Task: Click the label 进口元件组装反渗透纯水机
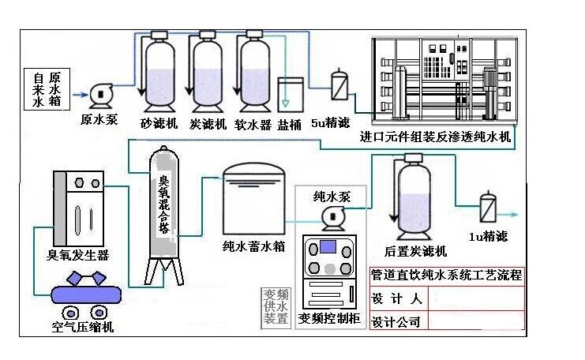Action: [x=434, y=137]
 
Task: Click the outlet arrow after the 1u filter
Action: [x=513, y=215]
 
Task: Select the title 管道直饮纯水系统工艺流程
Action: [x=447, y=276]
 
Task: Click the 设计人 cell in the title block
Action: [x=397, y=298]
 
